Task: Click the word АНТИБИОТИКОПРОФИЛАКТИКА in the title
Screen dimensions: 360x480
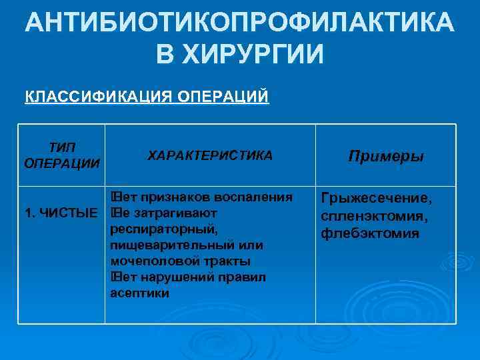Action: point(240,24)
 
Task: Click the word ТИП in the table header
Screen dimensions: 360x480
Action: point(62,147)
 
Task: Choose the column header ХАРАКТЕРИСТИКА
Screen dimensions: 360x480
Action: point(210,155)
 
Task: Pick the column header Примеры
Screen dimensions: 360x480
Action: point(386,156)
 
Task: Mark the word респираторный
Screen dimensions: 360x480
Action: point(164,229)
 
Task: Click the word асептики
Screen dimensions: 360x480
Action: point(140,293)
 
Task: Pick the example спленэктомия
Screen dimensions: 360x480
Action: point(375,217)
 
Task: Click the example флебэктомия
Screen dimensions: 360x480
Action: point(370,233)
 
